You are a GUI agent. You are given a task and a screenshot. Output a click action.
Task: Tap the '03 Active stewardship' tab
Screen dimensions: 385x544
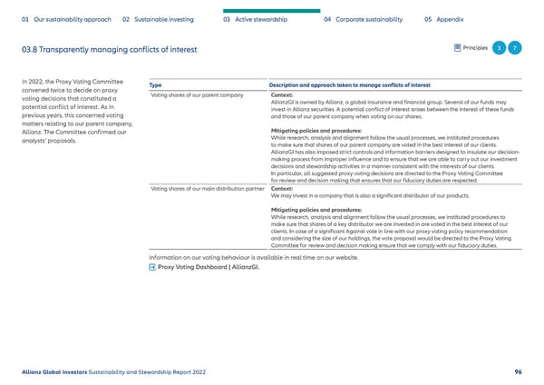(x=256, y=17)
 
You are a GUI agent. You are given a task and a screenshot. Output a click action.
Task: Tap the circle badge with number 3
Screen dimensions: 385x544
(x=498, y=48)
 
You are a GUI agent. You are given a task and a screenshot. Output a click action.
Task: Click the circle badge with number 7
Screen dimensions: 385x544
(x=516, y=48)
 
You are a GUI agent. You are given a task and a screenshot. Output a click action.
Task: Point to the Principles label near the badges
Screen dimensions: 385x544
(x=472, y=48)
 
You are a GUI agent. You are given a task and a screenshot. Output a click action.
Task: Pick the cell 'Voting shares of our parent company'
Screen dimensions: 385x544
(x=197, y=95)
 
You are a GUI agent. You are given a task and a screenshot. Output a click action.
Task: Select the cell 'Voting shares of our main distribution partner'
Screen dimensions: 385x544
(x=208, y=189)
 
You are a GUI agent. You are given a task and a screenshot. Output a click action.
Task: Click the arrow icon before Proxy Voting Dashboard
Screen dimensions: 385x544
(x=151, y=269)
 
